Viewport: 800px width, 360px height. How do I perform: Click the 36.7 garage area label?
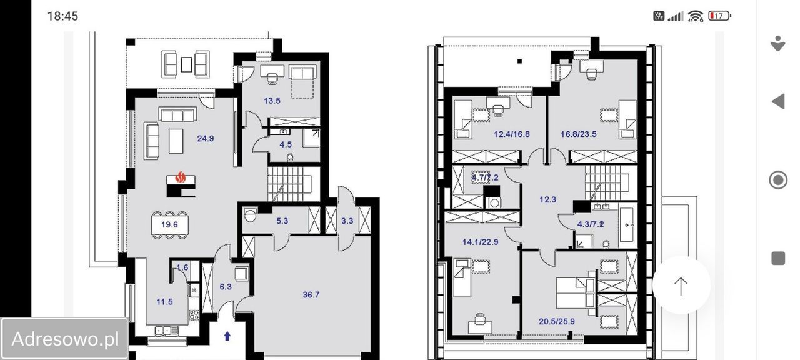coord(311,294)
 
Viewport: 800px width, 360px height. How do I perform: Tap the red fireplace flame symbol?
coord(181,177)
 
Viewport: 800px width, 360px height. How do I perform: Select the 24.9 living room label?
coord(206,138)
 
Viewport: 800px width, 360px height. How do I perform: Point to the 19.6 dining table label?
coord(169,224)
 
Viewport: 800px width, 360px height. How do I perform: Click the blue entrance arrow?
coord(227,336)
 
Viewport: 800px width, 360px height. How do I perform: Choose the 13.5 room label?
coord(272,101)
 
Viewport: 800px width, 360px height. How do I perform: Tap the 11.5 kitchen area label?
coord(164,302)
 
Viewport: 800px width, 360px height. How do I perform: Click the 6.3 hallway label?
coord(226,287)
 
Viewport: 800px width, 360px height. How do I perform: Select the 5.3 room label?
coord(282,221)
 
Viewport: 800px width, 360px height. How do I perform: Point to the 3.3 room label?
coord(347,221)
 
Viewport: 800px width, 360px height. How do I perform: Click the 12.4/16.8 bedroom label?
coord(512,134)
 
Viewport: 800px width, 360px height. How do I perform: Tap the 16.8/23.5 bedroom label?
coord(579,134)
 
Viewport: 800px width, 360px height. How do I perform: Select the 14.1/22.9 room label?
coord(481,242)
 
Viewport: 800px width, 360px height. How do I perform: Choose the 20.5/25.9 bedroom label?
coord(557,321)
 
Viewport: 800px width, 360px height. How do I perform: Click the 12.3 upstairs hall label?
coord(547,199)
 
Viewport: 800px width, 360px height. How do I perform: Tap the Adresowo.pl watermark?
coord(65,339)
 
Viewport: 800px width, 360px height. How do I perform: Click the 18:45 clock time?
coord(62,16)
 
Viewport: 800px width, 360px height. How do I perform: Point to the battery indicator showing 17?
coord(719,16)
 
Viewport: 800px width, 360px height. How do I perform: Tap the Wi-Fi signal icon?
coord(696,16)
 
